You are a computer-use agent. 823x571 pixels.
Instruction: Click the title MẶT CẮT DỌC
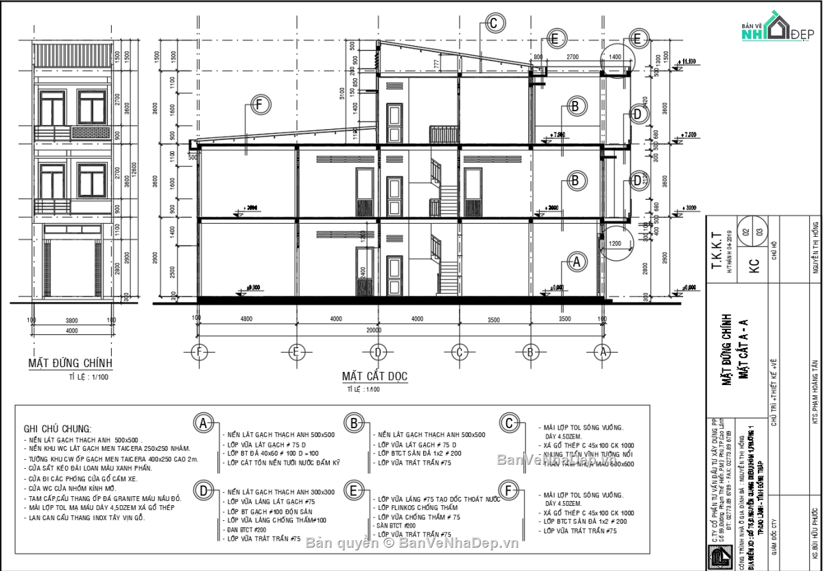(374, 376)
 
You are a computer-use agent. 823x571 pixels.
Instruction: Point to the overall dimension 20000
(374, 330)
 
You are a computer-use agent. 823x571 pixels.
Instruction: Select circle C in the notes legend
(509, 423)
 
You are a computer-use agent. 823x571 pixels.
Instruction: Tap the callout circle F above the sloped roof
(258, 105)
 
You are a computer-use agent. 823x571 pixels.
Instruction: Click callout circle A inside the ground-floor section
(576, 261)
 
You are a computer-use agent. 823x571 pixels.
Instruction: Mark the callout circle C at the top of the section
(494, 23)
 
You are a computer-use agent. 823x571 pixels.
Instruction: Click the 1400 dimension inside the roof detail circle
(614, 57)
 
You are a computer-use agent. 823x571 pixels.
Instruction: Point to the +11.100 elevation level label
(688, 62)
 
